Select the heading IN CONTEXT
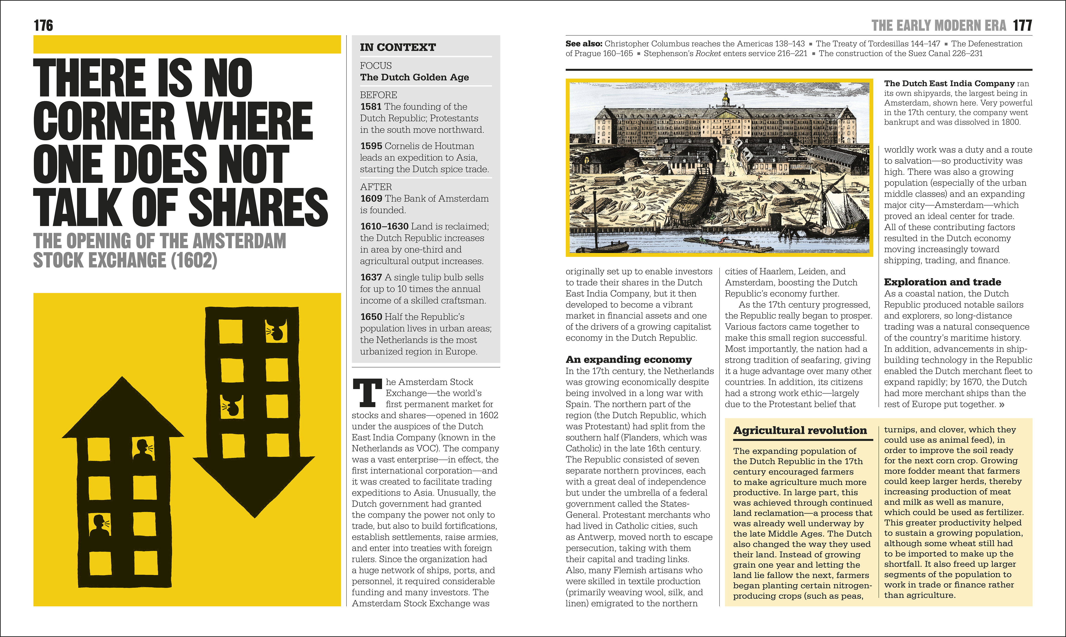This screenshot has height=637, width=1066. (x=398, y=47)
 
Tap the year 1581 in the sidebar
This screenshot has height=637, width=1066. (x=371, y=106)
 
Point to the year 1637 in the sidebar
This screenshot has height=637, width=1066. (x=371, y=277)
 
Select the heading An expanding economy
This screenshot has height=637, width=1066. (x=628, y=359)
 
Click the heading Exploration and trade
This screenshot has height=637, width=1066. (x=942, y=282)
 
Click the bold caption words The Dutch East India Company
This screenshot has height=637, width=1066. (x=949, y=84)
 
